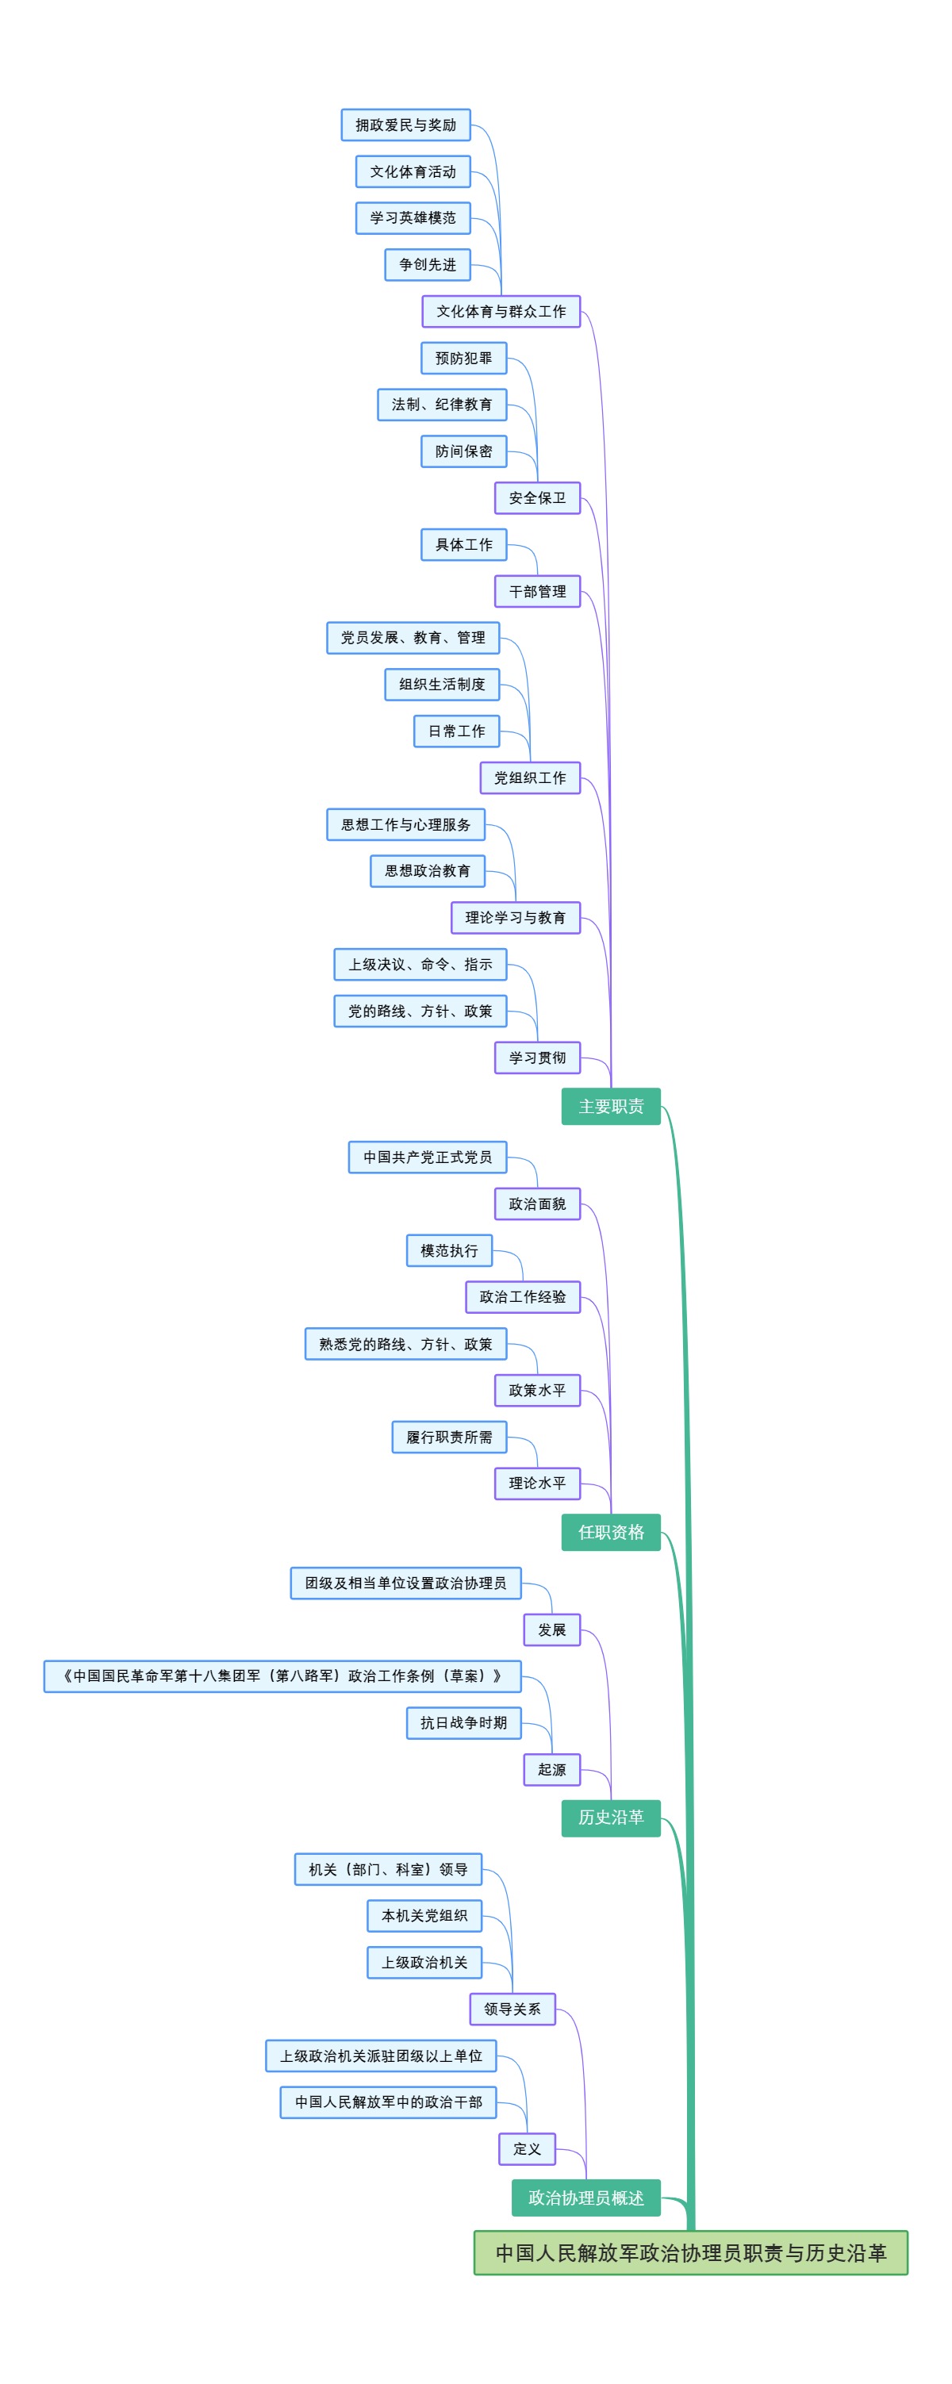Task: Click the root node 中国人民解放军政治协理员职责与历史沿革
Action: (x=690, y=2252)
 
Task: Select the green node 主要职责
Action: (x=611, y=1106)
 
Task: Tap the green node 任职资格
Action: (x=611, y=1532)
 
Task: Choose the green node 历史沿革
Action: (x=611, y=1818)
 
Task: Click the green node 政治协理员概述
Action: (x=585, y=2197)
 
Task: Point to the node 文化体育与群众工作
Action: (x=501, y=311)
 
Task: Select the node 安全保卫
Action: (x=536, y=498)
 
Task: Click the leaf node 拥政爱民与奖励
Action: (x=405, y=125)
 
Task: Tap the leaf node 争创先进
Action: (x=428, y=265)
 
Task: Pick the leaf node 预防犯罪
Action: (x=463, y=358)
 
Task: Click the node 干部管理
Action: (x=536, y=591)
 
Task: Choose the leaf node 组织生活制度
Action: (x=442, y=684)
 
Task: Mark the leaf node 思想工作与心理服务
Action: (x=405, y=824)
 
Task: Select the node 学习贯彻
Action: (x=536, y=1057)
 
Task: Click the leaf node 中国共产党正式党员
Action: (x=428, y=1157)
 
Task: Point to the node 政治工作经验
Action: (x=523, y=1296)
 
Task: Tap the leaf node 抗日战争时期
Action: (x=463, y=1722)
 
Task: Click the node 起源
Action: (x=551, y=1769)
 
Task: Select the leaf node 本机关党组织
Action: (x=424, y=1916)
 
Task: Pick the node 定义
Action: (x=527, y=2149)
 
